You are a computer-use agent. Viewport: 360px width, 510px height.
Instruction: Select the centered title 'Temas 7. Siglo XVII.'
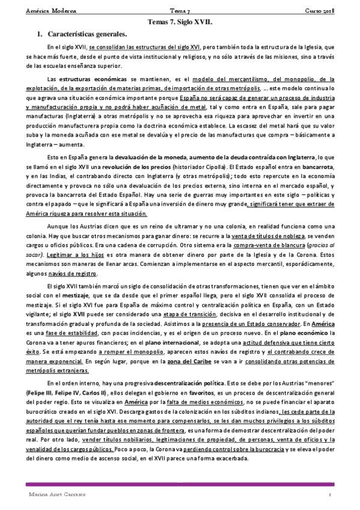click(180, 23)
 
